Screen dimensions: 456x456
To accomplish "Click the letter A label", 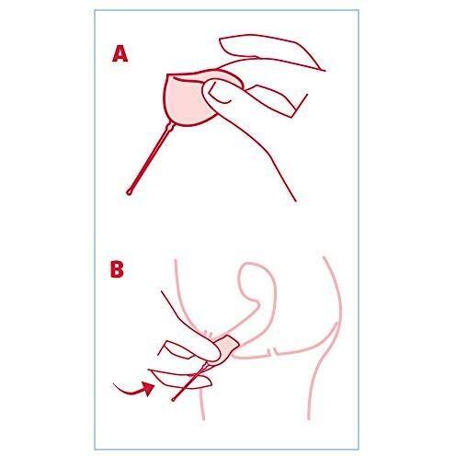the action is tap(120, 54).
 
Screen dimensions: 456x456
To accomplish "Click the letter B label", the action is tap(117, 269).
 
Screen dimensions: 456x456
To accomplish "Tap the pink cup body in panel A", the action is tap(184, 101).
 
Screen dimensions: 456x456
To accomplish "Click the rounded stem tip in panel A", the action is tap(129, 192).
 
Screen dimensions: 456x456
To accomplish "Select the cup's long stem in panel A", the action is tap(150, 158).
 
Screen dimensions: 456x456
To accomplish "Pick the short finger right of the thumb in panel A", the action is tap(273, 99).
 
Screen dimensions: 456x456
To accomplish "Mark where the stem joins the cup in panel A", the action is tap(170, 125).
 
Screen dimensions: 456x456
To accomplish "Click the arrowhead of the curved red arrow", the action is tap(149, 389).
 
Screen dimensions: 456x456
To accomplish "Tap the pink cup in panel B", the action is tap(227, 350).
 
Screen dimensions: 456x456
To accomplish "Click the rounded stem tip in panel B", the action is tap(174, 400).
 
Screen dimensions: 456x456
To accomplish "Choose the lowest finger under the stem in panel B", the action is tap(181, 380).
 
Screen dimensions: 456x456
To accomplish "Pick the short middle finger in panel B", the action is tap(177, 349).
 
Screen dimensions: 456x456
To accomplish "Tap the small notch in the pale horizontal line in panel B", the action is tap(273, 352).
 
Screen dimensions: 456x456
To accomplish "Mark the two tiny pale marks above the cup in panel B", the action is tap(208, 334).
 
